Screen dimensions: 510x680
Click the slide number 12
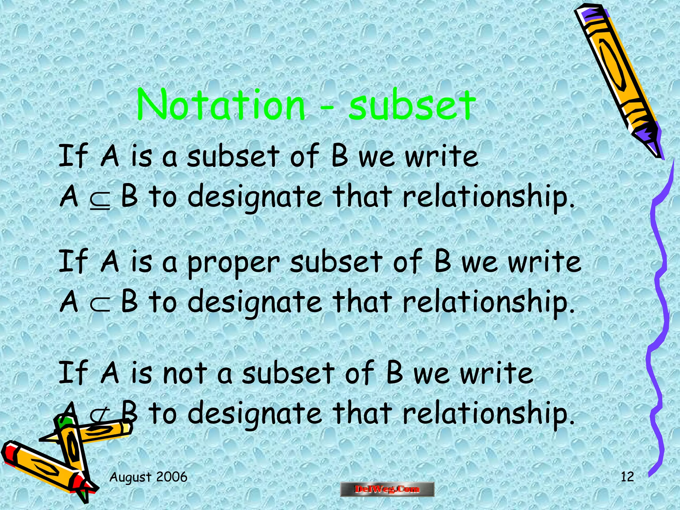[x=627, y=477]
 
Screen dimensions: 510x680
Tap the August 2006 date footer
[x=148, y=477]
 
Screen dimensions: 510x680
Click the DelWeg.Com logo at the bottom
[x=387, y=489]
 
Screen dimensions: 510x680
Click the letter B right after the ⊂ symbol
[x=129, y=301]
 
